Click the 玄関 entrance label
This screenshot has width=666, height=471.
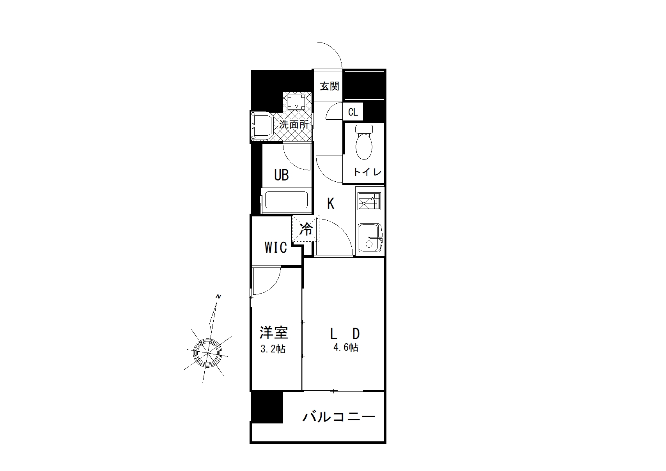click(329, 86)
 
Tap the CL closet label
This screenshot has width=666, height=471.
click(353, 112)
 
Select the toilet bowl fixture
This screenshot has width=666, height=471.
click(364, 142)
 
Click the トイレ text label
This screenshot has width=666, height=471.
click(367, 172)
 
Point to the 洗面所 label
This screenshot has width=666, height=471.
click(294, 124)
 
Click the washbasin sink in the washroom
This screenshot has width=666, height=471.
click(261, 126)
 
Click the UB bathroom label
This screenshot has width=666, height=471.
click(281, 175)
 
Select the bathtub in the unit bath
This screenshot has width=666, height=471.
click(286, 200)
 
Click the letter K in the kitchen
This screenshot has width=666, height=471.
click(331, 204)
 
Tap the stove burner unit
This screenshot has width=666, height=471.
click(369, 201)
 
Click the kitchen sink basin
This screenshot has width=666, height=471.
click(370, 237)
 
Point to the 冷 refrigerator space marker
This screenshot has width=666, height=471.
click(306, 229)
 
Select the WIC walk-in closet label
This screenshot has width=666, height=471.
click(276, 248)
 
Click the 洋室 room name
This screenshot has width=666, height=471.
click(274, 333)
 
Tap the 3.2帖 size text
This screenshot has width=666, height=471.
click(273, 349)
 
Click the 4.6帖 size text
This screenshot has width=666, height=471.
click(346, 347)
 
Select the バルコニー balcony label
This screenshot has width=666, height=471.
click(339, 417)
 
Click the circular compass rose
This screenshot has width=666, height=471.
click(207, 353)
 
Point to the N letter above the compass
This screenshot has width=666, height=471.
click(218, 296)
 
